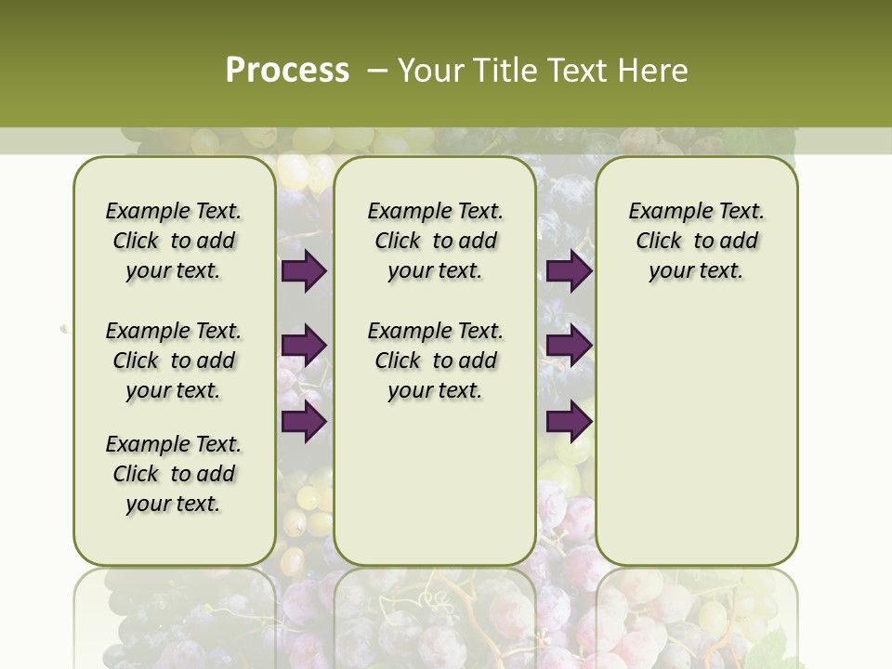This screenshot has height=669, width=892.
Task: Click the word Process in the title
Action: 287,71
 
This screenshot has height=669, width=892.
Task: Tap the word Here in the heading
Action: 654,71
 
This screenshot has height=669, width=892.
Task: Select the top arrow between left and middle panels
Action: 304,271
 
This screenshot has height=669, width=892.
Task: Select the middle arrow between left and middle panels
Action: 304,346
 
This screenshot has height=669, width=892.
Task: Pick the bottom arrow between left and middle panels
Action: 304,421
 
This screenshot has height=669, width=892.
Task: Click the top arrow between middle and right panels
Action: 569,271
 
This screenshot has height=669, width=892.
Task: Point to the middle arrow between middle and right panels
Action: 569,346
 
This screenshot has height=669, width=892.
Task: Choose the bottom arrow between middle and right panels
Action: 569,421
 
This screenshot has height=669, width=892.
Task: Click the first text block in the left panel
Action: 174,241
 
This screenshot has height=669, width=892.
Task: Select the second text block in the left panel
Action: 174,361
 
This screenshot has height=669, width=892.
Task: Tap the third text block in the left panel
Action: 174,474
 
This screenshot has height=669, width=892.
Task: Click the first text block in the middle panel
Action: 435,241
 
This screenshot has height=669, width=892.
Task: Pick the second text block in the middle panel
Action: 435,361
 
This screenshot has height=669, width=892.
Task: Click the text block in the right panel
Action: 697,241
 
